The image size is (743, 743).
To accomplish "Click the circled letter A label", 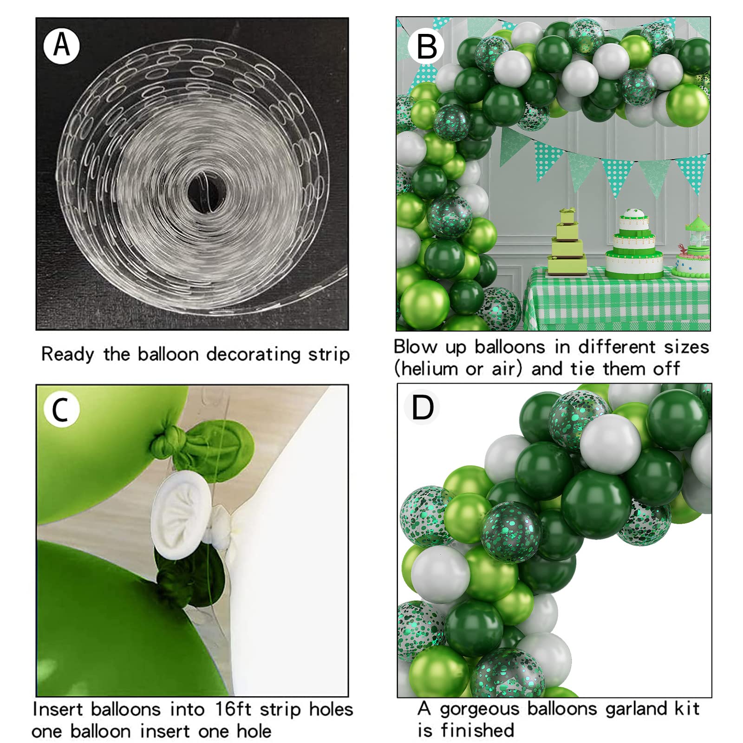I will [61, 46].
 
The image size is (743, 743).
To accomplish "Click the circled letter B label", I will [426, 46].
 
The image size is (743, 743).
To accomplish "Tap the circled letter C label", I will [61, 410].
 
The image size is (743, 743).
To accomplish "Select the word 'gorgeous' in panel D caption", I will [479, 709].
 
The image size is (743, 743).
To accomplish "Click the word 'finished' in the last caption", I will [477, 730].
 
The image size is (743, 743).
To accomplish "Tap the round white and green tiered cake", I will [634, 246].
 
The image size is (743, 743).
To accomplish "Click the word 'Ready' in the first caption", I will [67, 354].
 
